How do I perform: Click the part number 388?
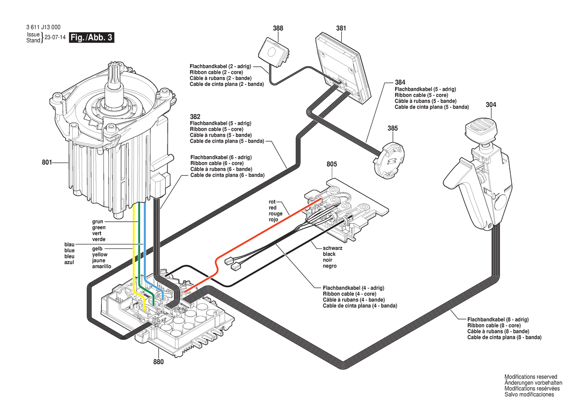278,29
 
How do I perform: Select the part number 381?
341,29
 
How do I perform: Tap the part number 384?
400,82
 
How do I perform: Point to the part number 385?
392,128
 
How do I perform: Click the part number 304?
491,105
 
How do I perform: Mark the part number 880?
158,362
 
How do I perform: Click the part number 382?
195,117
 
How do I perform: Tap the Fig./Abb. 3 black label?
92,38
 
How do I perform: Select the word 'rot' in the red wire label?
272,202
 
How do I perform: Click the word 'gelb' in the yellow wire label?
97,248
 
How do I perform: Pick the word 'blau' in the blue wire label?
69,245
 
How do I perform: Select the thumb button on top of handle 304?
481,130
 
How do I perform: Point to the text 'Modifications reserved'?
531,377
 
